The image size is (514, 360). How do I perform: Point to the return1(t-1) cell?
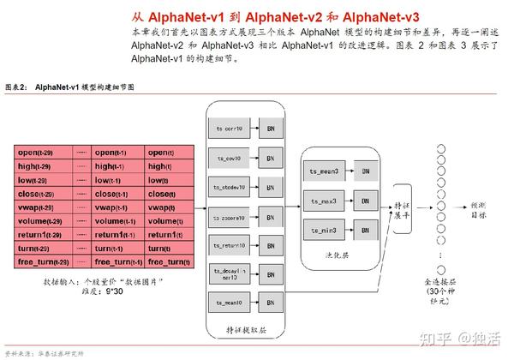point(115,234)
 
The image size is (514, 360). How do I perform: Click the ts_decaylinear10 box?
point(231,273)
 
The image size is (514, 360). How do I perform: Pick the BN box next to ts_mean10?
point(271,302)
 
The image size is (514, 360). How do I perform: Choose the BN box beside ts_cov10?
point(271,159)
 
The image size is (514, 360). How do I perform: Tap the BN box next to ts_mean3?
point(366,172)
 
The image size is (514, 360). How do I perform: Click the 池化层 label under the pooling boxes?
point(344,255)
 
